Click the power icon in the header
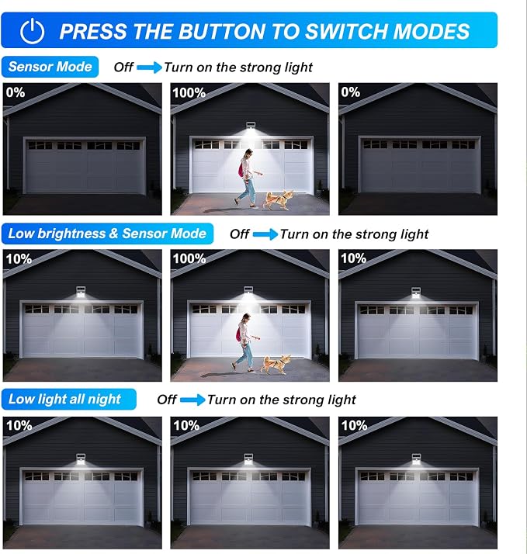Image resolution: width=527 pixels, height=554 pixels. (32, 31)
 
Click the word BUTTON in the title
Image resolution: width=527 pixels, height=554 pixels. (222, 31)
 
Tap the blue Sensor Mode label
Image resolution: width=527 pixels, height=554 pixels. (50, 67)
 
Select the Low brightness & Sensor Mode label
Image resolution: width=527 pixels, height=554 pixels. (107, 234)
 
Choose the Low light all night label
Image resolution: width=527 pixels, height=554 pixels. (68, 400)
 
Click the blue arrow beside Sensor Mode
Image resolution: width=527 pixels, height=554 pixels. (149, 68)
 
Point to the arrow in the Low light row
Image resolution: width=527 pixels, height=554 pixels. (192, 400)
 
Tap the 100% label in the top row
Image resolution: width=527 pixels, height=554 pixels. (189, 93)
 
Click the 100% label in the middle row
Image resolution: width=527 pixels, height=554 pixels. (189, 259)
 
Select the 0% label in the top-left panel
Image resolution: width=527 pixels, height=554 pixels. (16, 92)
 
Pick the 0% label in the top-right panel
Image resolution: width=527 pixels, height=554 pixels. (351, 92)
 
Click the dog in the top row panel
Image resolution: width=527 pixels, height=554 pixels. (279, 199)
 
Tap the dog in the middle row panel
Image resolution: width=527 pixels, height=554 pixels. (276, 365)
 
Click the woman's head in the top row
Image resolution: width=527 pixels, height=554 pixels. (249, 154)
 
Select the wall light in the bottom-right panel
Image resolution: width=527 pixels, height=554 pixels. (416, 459)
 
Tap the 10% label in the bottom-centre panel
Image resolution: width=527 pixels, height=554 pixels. (186, 425)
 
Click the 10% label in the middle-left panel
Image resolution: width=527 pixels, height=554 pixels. (19, 259)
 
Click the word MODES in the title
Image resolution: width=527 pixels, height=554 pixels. (432, 31)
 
